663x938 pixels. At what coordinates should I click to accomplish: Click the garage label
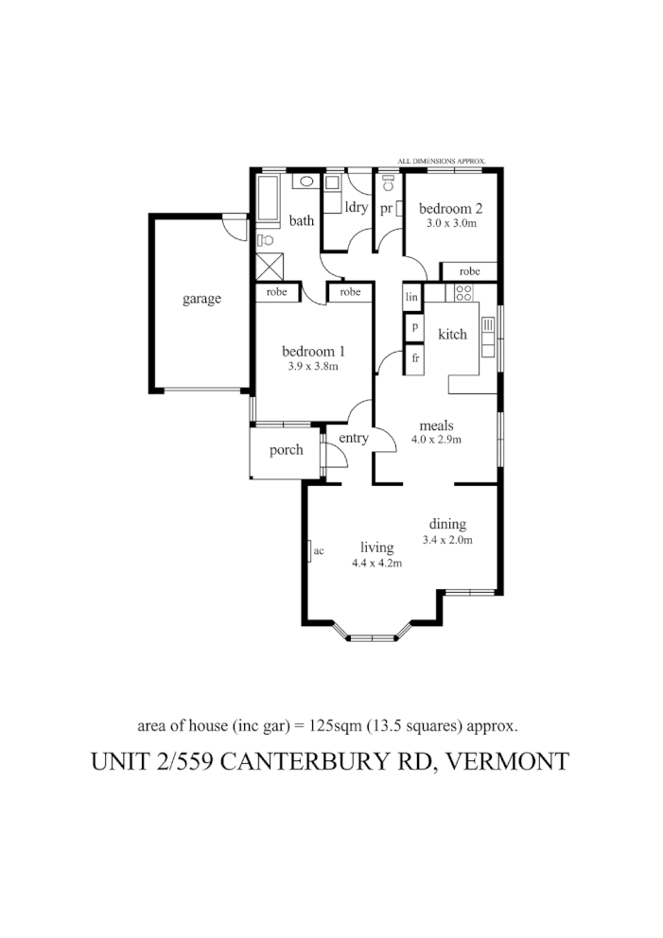[x=201, y=299]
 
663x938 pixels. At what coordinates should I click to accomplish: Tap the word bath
[x=302, y=221]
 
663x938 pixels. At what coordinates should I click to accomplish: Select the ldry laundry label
[x=357, y=207]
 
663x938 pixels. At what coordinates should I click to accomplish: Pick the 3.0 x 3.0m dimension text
[x=450, y=225]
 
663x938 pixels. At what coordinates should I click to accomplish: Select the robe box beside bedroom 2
[x=469, y=271]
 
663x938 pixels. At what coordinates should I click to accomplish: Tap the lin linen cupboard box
[x=411, y=296]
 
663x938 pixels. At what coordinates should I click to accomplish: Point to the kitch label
[x=452, y=334]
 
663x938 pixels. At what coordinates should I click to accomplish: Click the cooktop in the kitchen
[x=463, y=293]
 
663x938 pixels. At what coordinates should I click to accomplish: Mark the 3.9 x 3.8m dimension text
[x=312, y=365]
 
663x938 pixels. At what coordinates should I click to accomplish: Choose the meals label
[x=436, y=426]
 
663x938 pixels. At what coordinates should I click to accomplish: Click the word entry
[x=354, y=438]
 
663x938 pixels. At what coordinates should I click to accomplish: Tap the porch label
[x=286, y=450]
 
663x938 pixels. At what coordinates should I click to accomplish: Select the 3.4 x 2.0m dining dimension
[x=447, y=541]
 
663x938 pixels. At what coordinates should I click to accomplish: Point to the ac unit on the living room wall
[x=311, y=551]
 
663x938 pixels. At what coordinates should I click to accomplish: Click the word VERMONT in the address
[x=510, y=761]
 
